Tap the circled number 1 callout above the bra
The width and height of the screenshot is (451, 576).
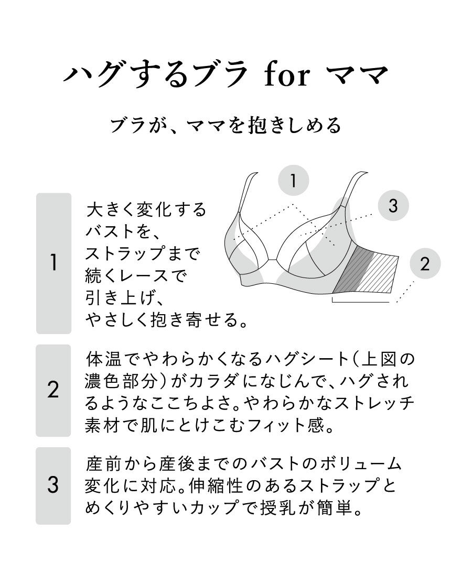[294, 180]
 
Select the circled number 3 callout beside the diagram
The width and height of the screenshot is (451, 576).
[393, 205]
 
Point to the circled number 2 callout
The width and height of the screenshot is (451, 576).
[425, 263]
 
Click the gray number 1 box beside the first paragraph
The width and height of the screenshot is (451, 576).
[53, 263]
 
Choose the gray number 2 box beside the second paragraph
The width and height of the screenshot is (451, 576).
[53, 391]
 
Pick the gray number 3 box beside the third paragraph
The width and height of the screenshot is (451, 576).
[53, 485]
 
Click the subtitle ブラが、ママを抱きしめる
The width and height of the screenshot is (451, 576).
[226, 126]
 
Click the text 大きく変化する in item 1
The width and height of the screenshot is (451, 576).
[146, 209]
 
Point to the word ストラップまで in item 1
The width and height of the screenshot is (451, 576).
[142, 253]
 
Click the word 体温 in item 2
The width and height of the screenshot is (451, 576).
[104, 359]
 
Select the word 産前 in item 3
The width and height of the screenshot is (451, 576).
[104, 463]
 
